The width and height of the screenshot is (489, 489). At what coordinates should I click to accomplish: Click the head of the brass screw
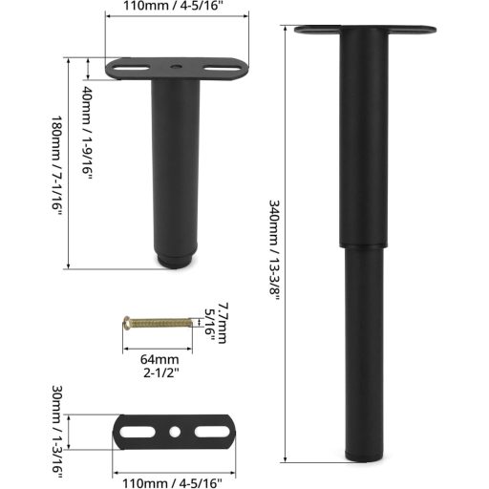tap(128, 325)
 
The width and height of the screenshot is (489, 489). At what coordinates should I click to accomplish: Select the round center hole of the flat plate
tap(176, 433)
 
